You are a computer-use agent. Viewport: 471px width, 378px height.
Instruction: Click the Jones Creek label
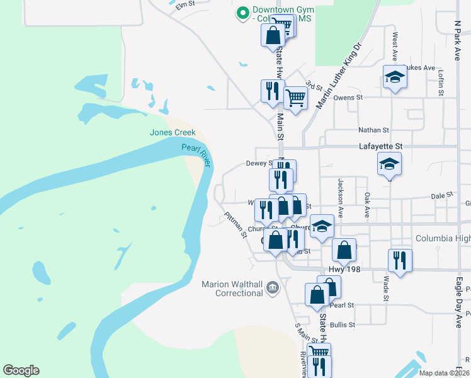(173, 132)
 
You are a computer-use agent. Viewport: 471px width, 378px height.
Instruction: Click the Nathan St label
(373, 130)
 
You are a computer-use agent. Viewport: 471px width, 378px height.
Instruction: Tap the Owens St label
(348, 98)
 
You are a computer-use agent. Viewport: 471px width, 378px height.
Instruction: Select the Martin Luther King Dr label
(341, 74)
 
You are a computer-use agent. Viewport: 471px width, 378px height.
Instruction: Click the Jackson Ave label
(340, 197)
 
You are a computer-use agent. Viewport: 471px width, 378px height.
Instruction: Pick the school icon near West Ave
(395, 77)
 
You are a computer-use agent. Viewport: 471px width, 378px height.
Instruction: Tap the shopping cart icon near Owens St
(295, 98)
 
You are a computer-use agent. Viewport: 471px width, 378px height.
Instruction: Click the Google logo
(21, 370)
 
